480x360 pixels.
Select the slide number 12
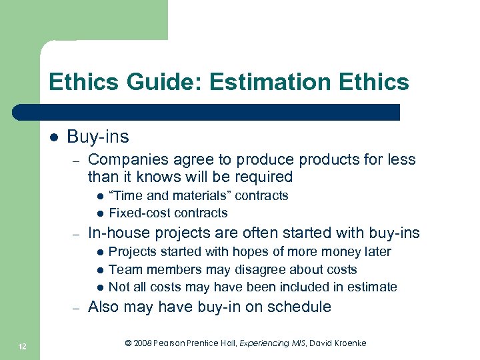(23, 345)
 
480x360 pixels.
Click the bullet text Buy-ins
(98, 137)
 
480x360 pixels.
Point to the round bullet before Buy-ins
(54, 138)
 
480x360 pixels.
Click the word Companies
(126, 160)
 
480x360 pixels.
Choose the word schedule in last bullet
(301, 307)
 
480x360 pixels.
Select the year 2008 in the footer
(142, 343)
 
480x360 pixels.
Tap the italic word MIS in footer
(295, 343)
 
